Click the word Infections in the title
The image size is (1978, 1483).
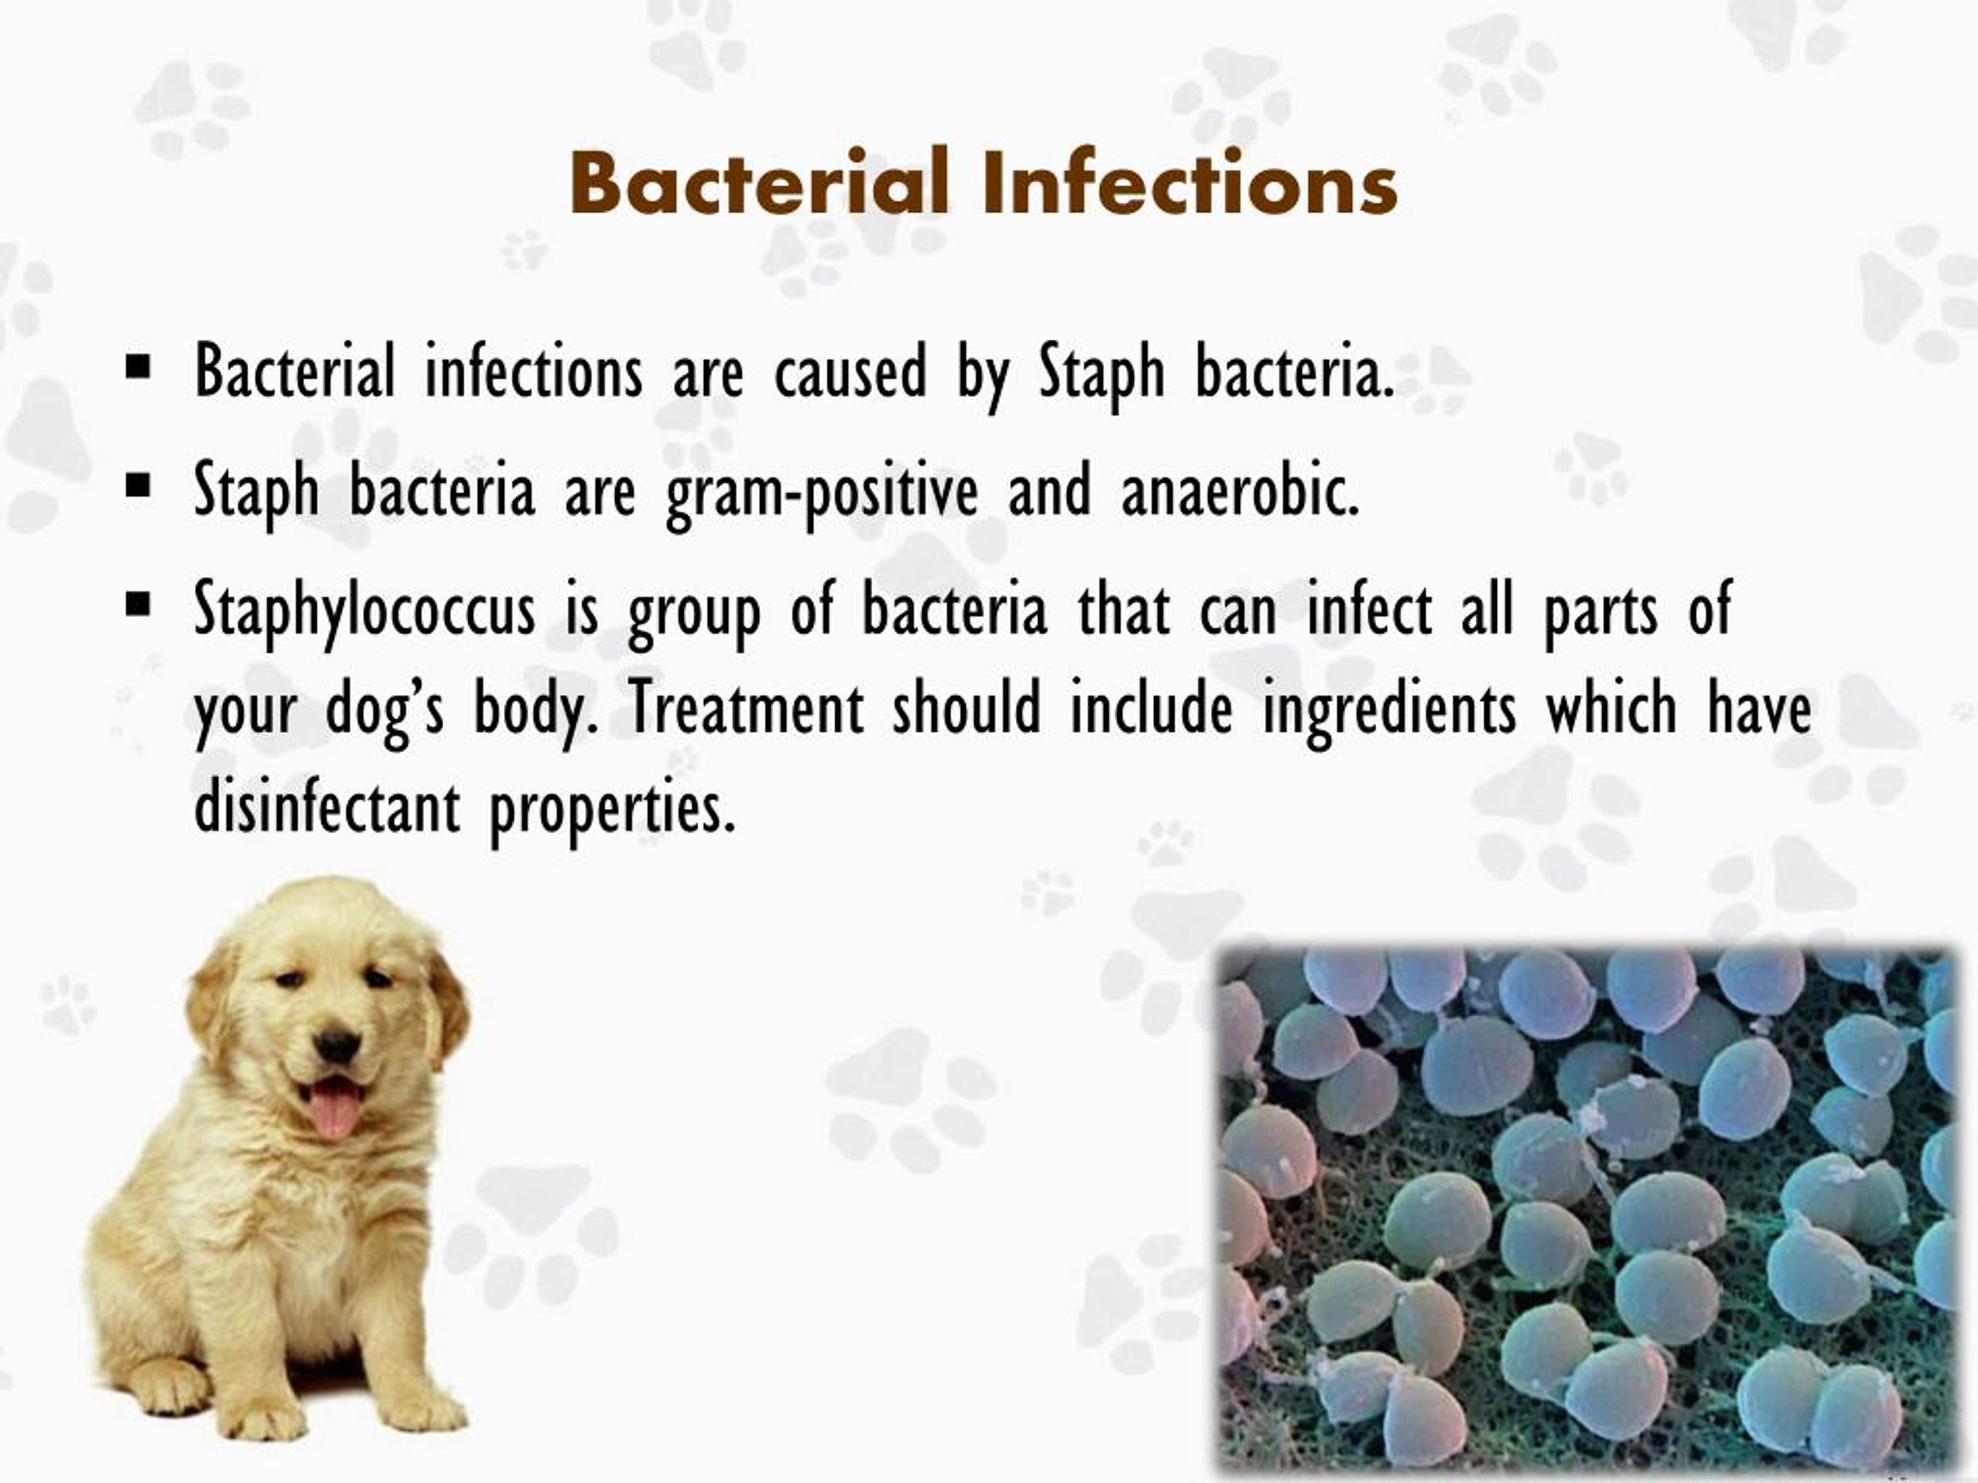(1189, 183)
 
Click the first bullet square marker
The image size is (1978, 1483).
(138, 367)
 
